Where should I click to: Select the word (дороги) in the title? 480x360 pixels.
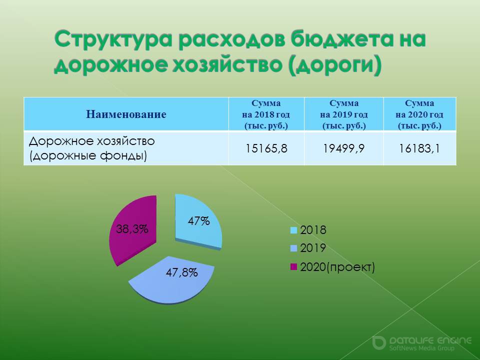[334, 65]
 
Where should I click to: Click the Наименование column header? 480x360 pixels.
[126, 114]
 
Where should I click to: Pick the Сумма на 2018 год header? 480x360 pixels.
[266, 114]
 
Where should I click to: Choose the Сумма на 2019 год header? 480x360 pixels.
[344, 114]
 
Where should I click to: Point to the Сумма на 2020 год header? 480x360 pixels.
[419, 114]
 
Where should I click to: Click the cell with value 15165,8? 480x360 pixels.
[266, 148]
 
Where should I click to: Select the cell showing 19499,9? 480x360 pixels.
[344, 148]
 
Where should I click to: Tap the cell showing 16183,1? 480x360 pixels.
[419, 148]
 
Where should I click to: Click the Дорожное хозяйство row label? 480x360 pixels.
[92, 148]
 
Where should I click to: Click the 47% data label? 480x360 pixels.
[198, 220]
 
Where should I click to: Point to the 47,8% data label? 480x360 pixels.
[181, 272]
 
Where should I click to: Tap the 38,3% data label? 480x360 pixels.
[132, 228]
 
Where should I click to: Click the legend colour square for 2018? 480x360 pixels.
[293, 230]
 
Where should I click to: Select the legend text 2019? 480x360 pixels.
[313, 248]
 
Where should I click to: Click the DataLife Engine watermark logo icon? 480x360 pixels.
[378, 343]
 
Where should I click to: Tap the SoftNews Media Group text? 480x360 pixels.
[422, 348]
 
